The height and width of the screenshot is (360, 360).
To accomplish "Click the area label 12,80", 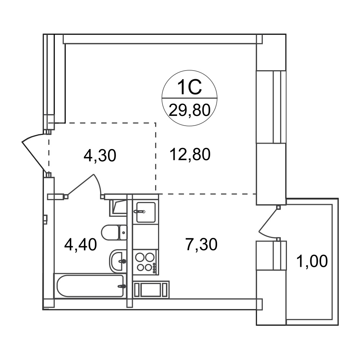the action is (x=190, y=154).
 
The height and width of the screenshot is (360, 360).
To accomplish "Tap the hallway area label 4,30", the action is (x=100, y=156).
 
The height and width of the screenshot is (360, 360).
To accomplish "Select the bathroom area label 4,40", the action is (x=81, y=244).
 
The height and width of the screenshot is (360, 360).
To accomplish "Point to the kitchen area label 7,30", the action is (x=201, y=244).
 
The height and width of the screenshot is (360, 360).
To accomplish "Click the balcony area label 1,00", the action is (x=312, y=261).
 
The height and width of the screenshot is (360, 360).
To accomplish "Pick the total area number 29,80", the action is (x=190, y=111).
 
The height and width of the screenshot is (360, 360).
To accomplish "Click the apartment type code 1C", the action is (x=189, y=87).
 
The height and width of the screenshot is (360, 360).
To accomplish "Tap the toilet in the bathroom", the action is (x=114, y=233).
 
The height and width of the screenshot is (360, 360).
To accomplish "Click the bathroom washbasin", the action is (x=118, y=261).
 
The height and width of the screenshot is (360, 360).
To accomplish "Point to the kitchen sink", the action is (x=146, y=212).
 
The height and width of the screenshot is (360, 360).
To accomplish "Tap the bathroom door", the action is (x=84, y=186).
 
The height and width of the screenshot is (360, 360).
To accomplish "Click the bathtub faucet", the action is (x=122, y=286).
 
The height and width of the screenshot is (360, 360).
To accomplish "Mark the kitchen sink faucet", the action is (x=140, y=211).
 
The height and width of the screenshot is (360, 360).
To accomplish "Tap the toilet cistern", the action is (x=123, y=233).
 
